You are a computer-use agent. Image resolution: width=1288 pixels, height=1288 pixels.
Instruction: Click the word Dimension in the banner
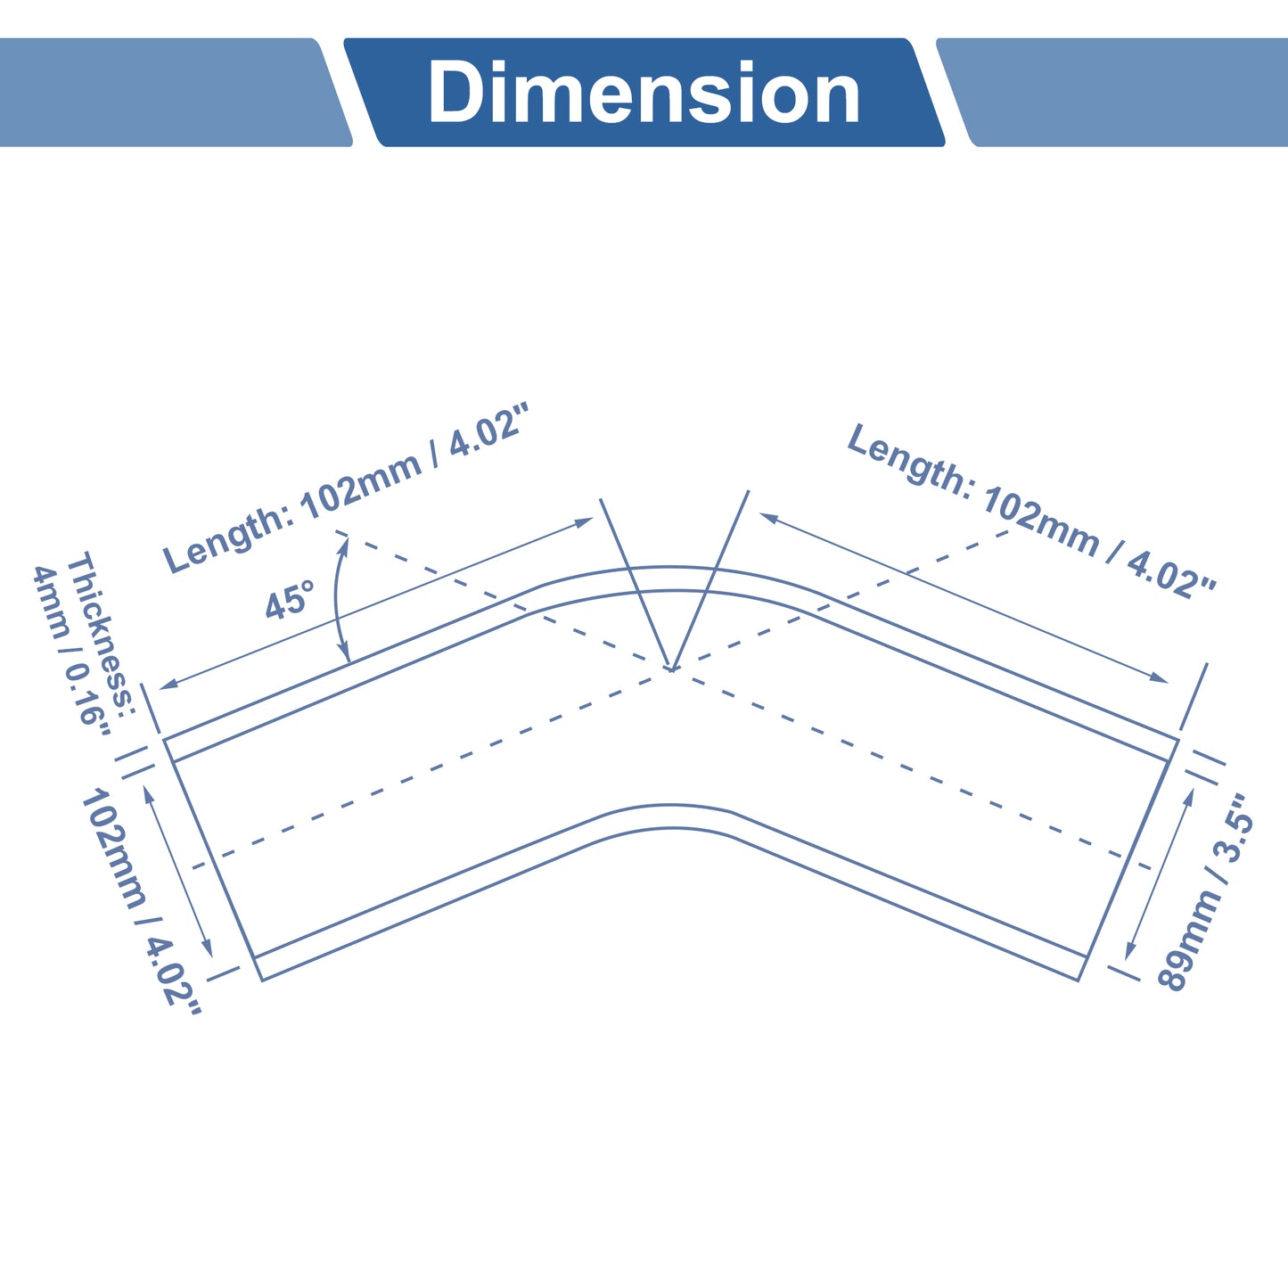[644, 92]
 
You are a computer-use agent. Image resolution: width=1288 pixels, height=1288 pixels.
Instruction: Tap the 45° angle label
[290, 600]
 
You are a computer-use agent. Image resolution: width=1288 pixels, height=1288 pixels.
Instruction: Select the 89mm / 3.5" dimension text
[1204, 891]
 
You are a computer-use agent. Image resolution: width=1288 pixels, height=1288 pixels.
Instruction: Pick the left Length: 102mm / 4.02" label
[346, 488]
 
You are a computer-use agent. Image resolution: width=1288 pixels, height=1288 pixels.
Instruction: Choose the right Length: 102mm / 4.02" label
[1031, 511]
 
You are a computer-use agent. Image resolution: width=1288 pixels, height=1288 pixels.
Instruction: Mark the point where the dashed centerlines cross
[672, 669]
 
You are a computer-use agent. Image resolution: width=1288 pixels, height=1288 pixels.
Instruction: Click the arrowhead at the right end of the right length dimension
[1159, 677]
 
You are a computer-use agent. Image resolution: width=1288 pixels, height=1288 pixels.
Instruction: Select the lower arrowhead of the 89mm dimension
[1129, 951]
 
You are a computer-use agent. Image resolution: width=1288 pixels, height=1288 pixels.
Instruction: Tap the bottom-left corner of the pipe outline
[262, 980]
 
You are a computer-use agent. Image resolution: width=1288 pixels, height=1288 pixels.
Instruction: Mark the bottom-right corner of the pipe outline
[1079, 980]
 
